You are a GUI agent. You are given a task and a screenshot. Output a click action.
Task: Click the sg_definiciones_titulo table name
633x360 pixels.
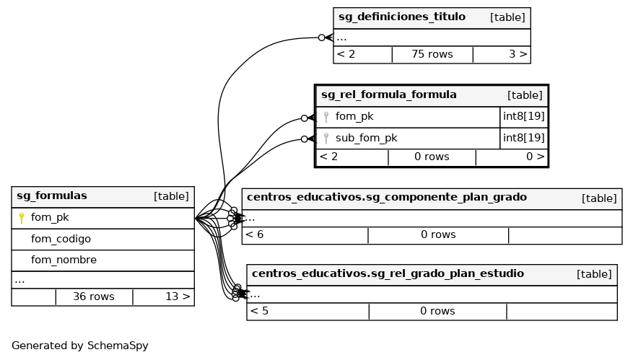click(x=401, y=17)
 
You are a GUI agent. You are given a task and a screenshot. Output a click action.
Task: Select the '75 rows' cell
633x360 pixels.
click(x=432, y=54)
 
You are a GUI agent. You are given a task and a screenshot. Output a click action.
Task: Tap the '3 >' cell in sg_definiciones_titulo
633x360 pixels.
click(x=518, y=54)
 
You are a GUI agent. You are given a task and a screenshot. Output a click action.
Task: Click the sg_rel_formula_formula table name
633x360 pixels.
click(x=388, y=95)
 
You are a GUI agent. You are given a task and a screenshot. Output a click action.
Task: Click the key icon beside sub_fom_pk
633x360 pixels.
click(x=326, y=138)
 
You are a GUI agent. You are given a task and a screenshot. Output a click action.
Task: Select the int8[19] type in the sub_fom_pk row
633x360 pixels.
click(x=523, y=138)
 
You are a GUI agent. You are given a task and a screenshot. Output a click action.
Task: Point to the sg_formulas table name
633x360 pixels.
click(x=52, y=196)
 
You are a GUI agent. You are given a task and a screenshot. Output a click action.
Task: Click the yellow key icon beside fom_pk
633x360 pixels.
click(x=22, y=217)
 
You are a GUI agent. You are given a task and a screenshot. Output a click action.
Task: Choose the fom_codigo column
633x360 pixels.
click(x=61, y=239)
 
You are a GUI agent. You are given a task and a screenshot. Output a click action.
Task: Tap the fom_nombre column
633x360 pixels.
click(x=64, y=260)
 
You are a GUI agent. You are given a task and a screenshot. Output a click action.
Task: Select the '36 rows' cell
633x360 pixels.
click(x=94, y=297)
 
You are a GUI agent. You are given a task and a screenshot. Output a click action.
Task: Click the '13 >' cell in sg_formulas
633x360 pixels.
click(x=178, y=297)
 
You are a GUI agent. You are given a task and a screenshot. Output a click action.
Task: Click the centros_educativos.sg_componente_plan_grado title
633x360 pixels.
click(x=387, y=197)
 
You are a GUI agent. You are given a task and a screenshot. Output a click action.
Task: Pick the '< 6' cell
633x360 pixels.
click(x=255, y=234)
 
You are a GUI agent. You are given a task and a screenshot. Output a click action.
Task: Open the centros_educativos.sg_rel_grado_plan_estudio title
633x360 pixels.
click(x=388, y=273)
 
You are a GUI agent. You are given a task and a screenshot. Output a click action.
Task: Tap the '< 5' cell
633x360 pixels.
click(x=259, y=311)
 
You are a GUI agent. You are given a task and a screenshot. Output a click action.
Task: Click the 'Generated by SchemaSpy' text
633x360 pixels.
click(x=80, y=346)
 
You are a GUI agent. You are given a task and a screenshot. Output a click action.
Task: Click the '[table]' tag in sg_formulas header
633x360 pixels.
click(x=171, y=196)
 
